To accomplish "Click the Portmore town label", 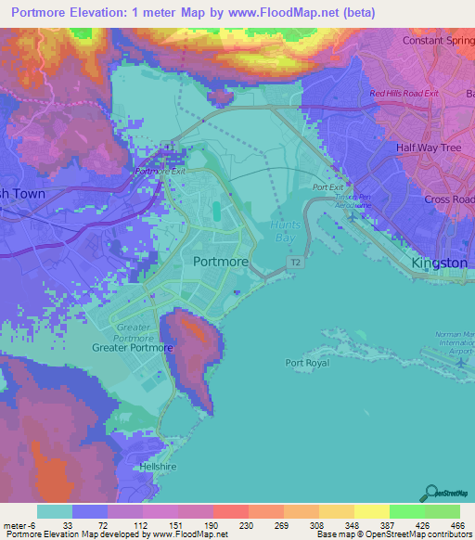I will (220, 262).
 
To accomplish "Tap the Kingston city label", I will (440, 263).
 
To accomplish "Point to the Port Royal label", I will (307, 363).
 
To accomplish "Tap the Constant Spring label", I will (438, 41).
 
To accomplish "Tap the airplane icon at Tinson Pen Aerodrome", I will (353, 217).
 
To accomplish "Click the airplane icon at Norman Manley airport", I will (461, 363).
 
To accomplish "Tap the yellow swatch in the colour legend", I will (371, 511).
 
